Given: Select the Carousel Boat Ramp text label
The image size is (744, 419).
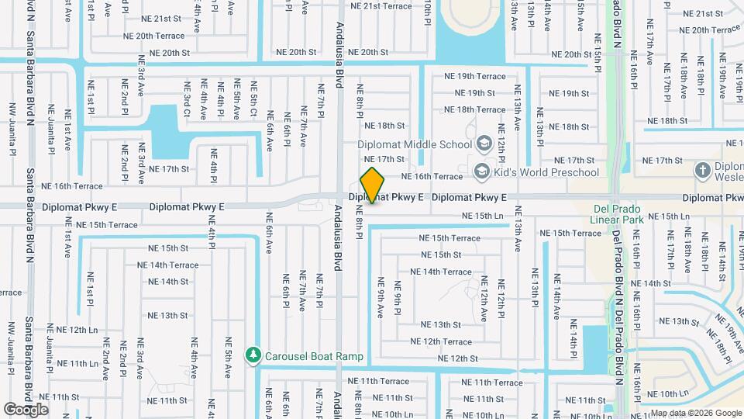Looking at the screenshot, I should [x=314, y=357].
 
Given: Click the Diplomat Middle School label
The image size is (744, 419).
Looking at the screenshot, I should [x=415, y=144].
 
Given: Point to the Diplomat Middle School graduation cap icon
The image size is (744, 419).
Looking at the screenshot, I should [x=484, y=144].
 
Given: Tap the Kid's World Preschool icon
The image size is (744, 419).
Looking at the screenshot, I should [x=481, y=171].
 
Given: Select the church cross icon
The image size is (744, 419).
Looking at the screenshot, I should [x=702, y=171].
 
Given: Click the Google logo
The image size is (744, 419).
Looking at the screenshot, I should [x=26, y=410].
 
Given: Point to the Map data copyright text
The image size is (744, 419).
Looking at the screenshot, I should [x=694, y=413].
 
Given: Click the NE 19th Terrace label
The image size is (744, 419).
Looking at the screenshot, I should [x=474, y=76].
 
